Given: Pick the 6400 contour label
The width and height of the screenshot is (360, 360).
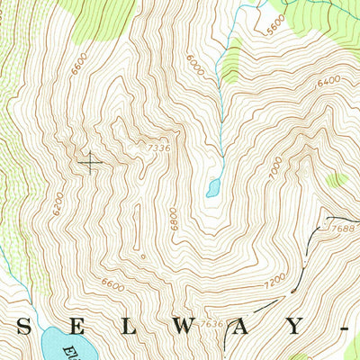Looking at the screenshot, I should pyautogui.click(x=329, y=84).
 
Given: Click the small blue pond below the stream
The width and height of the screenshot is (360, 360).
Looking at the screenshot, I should pyautogui.click(x=212, y=187).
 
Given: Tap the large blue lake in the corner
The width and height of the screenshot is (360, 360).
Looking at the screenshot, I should pyautogui.click(x=63, y=345).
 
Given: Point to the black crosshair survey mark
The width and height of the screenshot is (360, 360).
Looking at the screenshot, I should pyautogui.click(x=91, y=161).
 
